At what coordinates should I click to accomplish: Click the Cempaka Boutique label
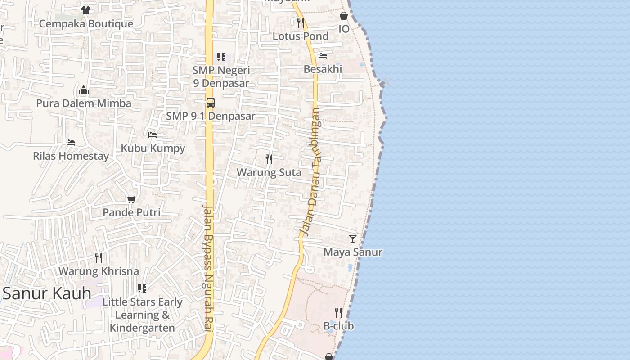tap(86, 24)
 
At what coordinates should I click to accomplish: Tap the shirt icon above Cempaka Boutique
tap(86, 10)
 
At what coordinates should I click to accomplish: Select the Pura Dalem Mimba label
tap(84, 103)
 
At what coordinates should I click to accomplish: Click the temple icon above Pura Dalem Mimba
tap(84, 90)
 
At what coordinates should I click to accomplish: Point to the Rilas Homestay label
tap(71, 156)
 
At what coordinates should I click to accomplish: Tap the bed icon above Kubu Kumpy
tap(153, 135)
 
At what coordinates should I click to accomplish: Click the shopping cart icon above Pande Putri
tap(131, 199)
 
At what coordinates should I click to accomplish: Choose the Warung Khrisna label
tap(99, 271)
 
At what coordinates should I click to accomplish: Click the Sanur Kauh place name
tap(47, 293)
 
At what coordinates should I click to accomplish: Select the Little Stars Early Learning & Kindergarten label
tap(142, 315)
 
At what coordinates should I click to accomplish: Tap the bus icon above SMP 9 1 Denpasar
tap(211, 102)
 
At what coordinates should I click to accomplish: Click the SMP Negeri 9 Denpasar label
tap(221, 76)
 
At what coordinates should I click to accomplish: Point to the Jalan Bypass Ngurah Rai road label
tap(208, 268)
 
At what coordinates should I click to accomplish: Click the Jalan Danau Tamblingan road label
tap(311, 171)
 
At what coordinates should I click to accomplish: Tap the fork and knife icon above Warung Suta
tap(269, 159)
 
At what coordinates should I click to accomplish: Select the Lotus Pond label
tap(301, 36)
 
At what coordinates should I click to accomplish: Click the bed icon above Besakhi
tap(323, 56)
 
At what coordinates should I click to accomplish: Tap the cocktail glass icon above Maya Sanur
tap(353, 238)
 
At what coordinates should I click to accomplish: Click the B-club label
tap(338, 326)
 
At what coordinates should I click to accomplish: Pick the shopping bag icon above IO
tap(344, 16)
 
